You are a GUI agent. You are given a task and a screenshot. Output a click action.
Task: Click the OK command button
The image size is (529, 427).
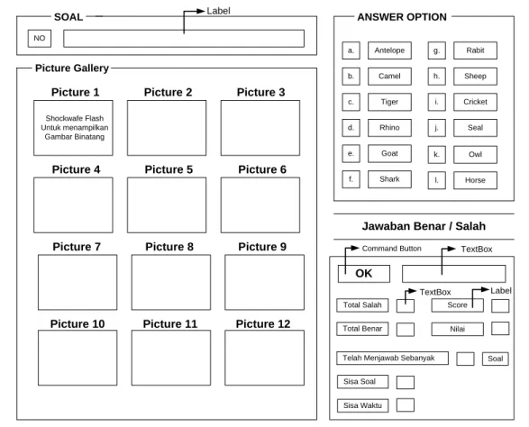click(x=364, y=274)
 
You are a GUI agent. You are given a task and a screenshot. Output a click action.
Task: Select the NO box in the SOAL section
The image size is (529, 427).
click(x=40, y=38)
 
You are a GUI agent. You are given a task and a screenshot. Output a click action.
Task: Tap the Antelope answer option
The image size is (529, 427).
click(x=389, y=50)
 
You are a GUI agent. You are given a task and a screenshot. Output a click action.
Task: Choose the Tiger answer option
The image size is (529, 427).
click(x=389, y=102)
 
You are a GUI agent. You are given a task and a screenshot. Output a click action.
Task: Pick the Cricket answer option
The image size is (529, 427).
click(x=475, y=102)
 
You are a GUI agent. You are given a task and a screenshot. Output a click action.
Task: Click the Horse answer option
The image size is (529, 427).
click(x=475, y=180)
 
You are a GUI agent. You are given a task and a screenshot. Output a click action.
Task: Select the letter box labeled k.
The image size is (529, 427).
click(x=436, y=154)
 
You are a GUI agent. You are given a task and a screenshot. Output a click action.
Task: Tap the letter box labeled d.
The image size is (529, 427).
click(x=351, y=128)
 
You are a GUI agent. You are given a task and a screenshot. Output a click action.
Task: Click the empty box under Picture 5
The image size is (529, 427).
click(x=167, y=205)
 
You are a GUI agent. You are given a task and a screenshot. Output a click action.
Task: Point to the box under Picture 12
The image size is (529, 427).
click(x=265, y=358)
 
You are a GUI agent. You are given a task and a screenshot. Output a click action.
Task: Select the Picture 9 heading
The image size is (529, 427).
click(x=262, y=247)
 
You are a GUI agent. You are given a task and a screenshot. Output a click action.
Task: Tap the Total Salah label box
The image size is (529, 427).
click(x=362, y=305)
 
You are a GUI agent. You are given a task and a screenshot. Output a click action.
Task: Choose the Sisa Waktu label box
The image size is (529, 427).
click(x=362, y=405)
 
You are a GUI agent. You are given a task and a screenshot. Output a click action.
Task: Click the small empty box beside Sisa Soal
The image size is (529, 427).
click(x=406, y=383)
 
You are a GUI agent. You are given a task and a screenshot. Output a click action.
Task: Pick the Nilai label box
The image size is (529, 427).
click(x=457, y=329)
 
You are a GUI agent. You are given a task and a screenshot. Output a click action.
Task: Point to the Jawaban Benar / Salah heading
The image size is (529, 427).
click(x=424, y=226)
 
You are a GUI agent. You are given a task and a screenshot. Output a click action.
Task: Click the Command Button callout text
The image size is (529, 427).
click(x=392, y=249)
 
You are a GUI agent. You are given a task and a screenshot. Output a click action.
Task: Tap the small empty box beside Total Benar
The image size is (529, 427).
click(x=406, y=330)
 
